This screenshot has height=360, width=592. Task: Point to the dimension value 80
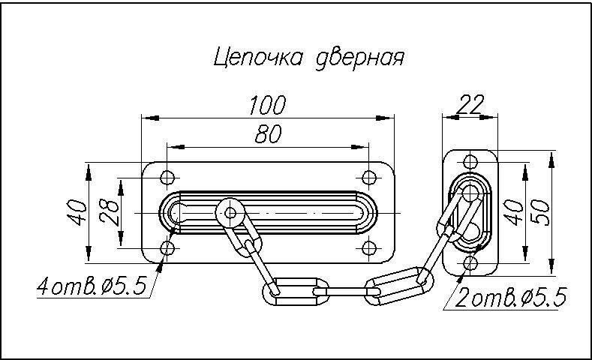[268, 134]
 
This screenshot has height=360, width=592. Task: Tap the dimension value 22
[471, 103]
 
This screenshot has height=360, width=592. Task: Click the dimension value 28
[108, 213]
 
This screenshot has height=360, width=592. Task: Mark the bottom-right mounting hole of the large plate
[368, 248]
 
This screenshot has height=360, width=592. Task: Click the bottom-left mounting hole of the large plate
[167, 248]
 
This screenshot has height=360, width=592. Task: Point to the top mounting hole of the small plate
[470, 161]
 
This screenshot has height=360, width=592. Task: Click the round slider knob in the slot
[230, 213]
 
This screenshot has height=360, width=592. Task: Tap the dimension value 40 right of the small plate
[513, 211]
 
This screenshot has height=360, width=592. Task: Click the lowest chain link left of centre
[295, 289]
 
